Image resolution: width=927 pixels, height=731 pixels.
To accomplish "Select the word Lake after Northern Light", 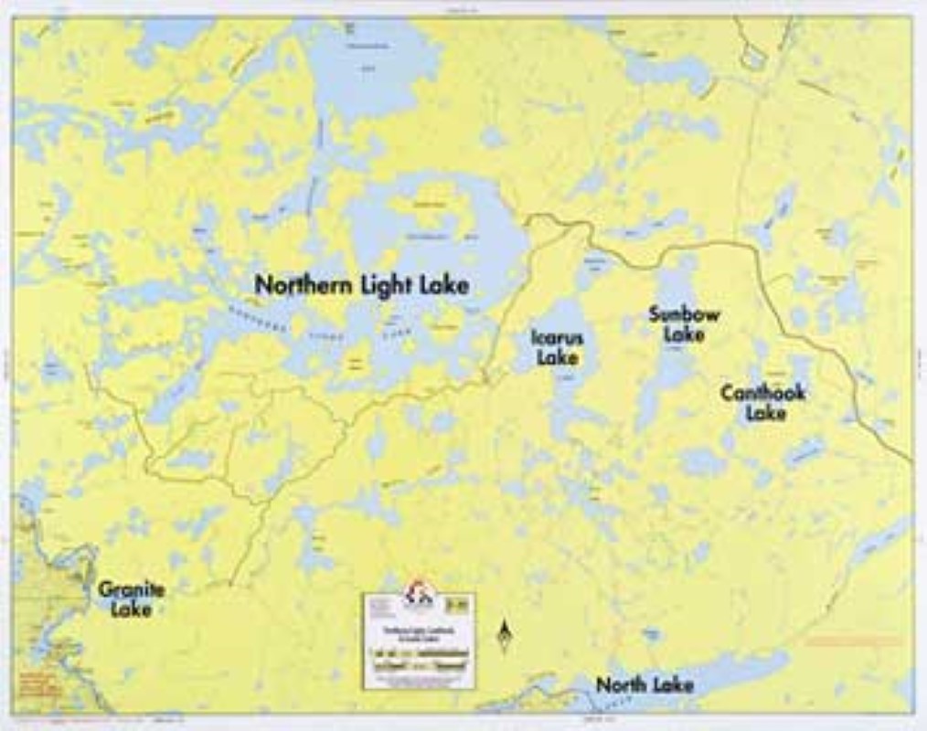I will pyautogui.click(x=445, y=286).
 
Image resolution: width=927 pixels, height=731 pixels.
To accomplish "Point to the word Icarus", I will pyautogui.click(x=558, y=337).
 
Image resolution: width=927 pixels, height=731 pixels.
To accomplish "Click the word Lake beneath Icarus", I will pyautogui.click(x=558, y=357).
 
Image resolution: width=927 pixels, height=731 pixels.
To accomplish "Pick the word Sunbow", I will pyautogui.click(x=684, y=314).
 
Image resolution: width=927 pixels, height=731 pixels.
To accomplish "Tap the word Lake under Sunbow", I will pyautogui.click(x=684, y=334).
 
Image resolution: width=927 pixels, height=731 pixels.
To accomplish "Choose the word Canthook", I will pyautogui.click(x=762, y=393).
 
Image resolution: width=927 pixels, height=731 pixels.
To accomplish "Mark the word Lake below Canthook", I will pyautogui.click(x=765, y=413).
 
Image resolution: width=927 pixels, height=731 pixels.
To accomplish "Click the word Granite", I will pyautogui.click(x=132, y=589).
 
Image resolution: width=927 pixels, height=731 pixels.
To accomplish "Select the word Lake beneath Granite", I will pyautogui.click(x=131, y=609).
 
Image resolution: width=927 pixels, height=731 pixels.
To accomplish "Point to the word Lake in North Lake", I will pyautogui.click(x=674, y=684).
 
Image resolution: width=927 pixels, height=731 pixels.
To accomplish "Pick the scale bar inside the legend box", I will pyautogui.click(x=418, y=652).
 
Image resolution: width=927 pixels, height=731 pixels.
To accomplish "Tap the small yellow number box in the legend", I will pyautogui.click(x=458, y=602).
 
